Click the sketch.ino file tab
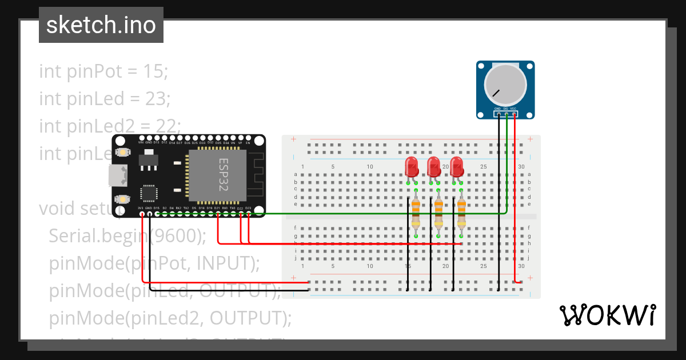[101, 25]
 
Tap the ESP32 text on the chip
[224, 175]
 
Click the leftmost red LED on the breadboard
[411, 167]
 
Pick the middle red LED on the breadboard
[434, 167]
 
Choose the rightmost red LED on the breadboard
[456, 167]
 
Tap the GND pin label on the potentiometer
[498, 108]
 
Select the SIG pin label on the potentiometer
[506, 108]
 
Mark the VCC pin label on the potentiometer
[514, 108]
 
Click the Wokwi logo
[607, 315]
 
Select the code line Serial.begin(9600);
[133, 235]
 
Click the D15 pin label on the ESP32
[157, 208]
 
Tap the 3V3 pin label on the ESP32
[141, 208]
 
